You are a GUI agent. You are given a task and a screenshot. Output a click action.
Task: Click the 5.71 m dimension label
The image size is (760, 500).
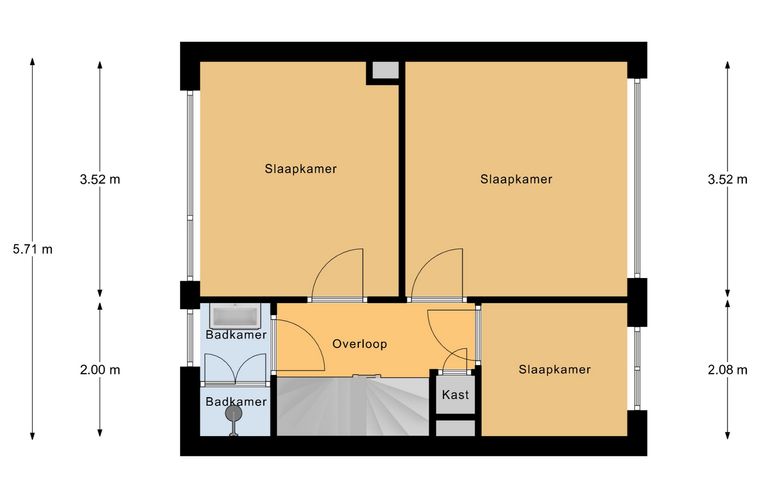[x=32, y=250]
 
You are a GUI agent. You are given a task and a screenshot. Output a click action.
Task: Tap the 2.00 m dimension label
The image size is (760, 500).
[x=100, y=370]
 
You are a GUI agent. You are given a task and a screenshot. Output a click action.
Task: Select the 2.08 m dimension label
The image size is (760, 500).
[x=728, y=370]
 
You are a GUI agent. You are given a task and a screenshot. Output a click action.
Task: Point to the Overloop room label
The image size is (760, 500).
[x=360, y=344]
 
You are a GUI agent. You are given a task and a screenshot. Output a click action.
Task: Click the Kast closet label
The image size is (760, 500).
[x=455, y=395]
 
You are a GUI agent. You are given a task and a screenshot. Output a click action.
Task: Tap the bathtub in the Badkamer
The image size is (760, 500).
[x=235, y=316]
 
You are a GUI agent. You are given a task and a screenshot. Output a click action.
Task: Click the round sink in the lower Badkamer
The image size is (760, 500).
[x=235, y=413]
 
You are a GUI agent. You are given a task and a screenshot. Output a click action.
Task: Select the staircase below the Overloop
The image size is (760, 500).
[x=353, y=406]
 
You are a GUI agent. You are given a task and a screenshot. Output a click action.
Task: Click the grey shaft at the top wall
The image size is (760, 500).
[x=385, y=71]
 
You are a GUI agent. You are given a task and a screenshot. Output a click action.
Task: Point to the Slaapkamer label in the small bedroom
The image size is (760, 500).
[x=554, y=370]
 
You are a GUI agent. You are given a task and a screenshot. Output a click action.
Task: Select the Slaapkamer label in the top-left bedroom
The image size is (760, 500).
[x=301, y=169]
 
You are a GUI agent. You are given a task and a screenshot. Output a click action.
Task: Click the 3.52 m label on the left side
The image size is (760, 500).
[x=100, y=179]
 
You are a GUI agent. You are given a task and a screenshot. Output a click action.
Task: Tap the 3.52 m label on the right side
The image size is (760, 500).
[x=728, y=179]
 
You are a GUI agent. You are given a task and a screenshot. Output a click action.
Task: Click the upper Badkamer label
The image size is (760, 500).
[x=236, y=335]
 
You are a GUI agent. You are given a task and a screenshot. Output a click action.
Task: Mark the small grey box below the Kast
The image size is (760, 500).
[x=455, y=428]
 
